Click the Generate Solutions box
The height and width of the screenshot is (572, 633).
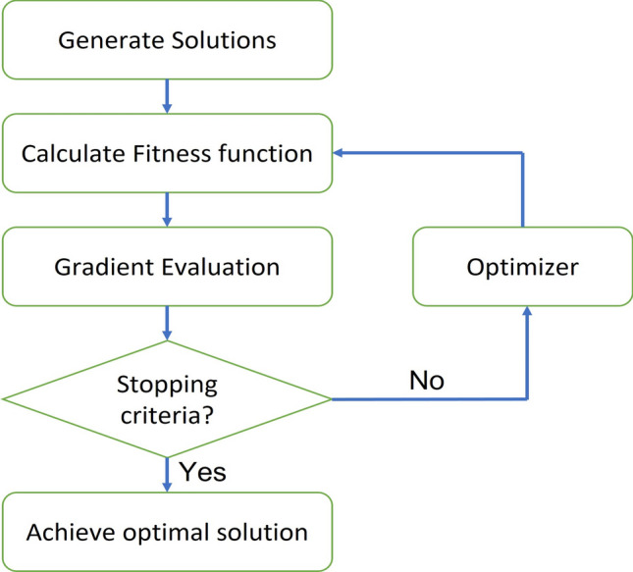point(167,40)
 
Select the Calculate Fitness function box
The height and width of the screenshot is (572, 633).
point(167,153)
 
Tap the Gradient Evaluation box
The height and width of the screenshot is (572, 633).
point(167,266)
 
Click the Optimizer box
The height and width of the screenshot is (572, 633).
point(522,266)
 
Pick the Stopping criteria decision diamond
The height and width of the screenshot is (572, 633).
point(167,398)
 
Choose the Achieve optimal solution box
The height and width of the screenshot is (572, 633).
point(167,533)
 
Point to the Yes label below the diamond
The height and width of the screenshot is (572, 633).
point(202,473)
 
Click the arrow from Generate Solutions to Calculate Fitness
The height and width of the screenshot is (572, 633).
point(167,96)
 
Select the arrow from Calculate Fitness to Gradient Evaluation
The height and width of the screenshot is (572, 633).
point(167,209)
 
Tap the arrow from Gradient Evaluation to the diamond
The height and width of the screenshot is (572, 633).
point(167,322)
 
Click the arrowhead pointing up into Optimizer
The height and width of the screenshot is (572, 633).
point(528,311)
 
